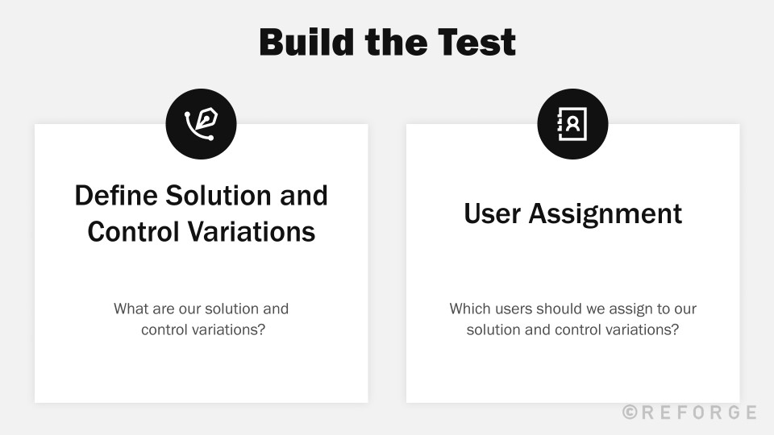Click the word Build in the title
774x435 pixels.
(x=306, y=42)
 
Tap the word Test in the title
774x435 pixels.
(x=476, y=42)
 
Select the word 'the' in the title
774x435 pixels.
(x=396, y=42)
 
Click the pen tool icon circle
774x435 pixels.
(x=201, y=124)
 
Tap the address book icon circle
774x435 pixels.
(x=572, y=124)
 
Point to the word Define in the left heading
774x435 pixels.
(x=116, y=195)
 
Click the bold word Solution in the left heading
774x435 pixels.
(x=218, y=195)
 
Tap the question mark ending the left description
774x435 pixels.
(x=261, y=329)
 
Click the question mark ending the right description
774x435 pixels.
(x=675, y=329)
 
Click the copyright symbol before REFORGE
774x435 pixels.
(x=630, y=412)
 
